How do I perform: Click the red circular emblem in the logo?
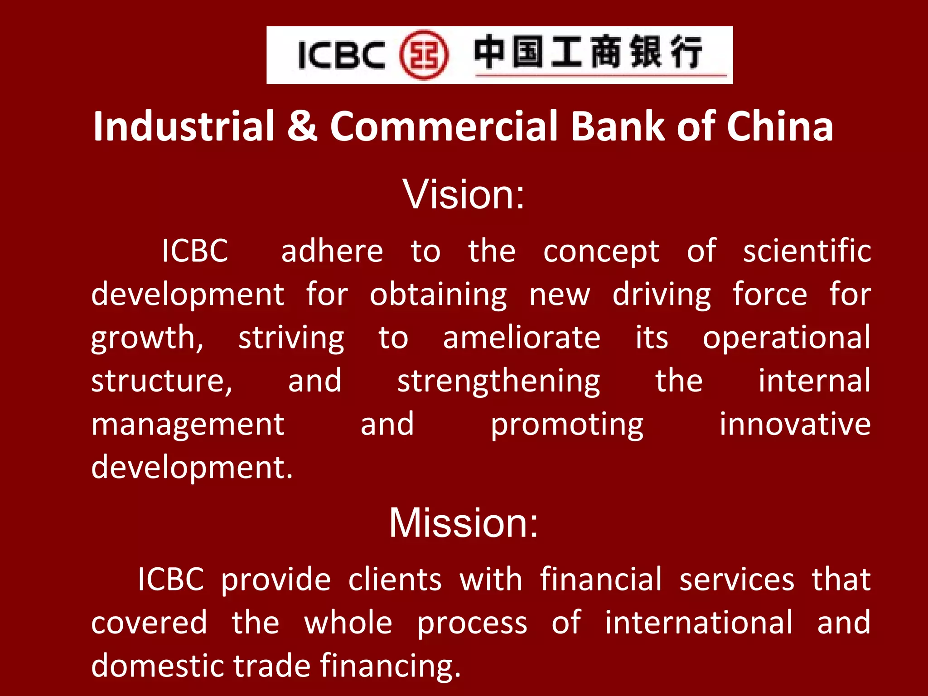[x=424, y=55]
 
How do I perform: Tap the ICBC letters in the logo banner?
[x=342, y=55]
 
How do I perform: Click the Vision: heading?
[x=464, y=194]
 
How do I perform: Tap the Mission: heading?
[x=464, y=523]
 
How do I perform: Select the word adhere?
[x=332, y=251]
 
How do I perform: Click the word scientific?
[x=807, y=251]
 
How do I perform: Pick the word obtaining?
[x=438, y=295]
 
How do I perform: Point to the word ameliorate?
[x=522, y=338]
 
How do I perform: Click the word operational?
[x=786, y=338]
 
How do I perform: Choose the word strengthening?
[x=498, y=382]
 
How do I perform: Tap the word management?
[x=188, y=425]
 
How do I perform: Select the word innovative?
[x=795, y=424]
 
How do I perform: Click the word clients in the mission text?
[x=395, y=580]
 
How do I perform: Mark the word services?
[x=737, y=580]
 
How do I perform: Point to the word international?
[x=699, y=623]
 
